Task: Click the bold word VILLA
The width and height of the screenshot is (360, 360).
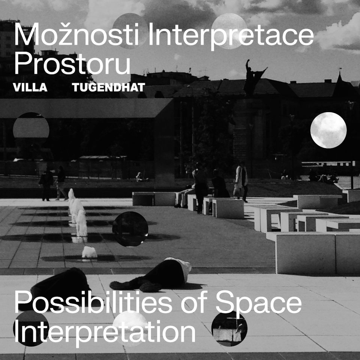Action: (30, 87)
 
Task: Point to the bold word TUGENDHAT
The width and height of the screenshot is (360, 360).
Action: (108, 87)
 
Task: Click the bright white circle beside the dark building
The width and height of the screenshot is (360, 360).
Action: (328, 130)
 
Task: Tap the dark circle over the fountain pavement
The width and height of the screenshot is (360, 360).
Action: (130, 229)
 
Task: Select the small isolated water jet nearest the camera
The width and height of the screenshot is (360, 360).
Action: (89, 252)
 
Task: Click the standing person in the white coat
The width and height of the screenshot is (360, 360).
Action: (241, 181)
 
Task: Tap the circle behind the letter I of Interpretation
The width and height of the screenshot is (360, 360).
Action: (31, 328)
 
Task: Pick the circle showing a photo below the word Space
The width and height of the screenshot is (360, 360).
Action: (229, 328)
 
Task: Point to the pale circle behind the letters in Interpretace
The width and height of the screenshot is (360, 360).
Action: (229, 31)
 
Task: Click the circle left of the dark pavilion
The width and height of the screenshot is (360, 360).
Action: (31, 130)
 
